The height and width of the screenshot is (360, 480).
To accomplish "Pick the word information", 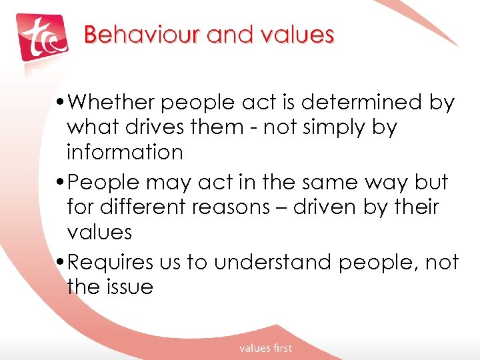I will [x=125, y=153].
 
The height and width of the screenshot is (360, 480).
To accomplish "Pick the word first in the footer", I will [x=280, y=348].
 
